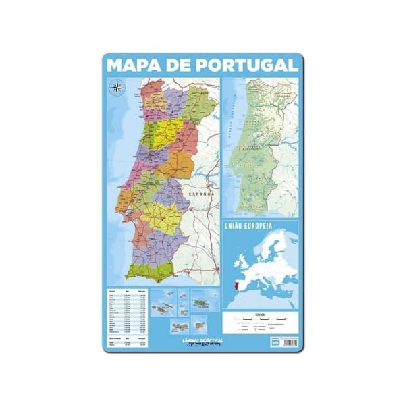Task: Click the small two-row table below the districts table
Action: (x=125, y=340)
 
